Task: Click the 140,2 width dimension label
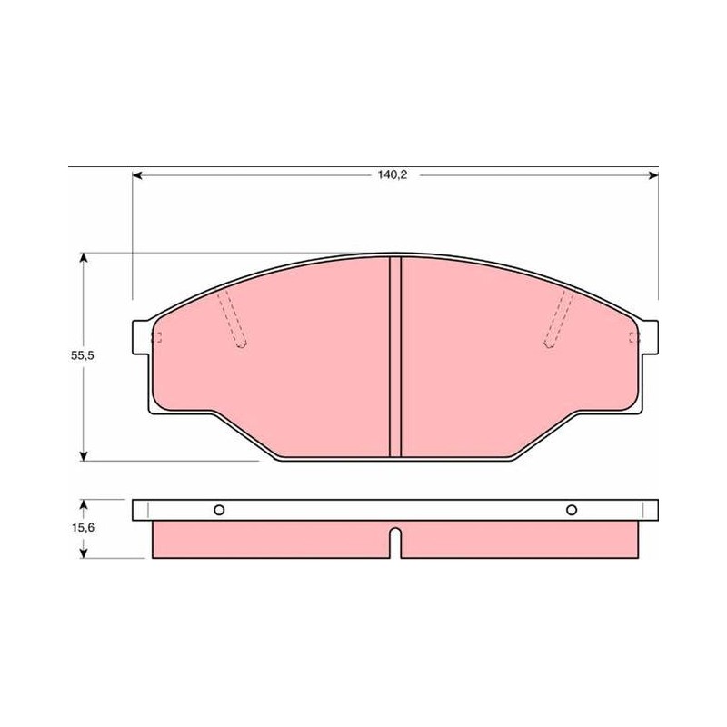click(392, 174)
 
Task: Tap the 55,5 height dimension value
click(83, 355)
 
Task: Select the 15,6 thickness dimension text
click(83, 527)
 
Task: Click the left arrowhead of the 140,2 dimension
click(137, 175)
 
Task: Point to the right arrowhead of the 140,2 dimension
click(653, 175)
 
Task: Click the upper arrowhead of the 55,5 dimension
click(84, 257)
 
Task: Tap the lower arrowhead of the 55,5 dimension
click(84, 456)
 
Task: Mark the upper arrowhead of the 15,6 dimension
click(84, 504)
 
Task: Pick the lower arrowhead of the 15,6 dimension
click(84, 553)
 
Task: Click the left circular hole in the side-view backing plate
click(219, 510)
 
